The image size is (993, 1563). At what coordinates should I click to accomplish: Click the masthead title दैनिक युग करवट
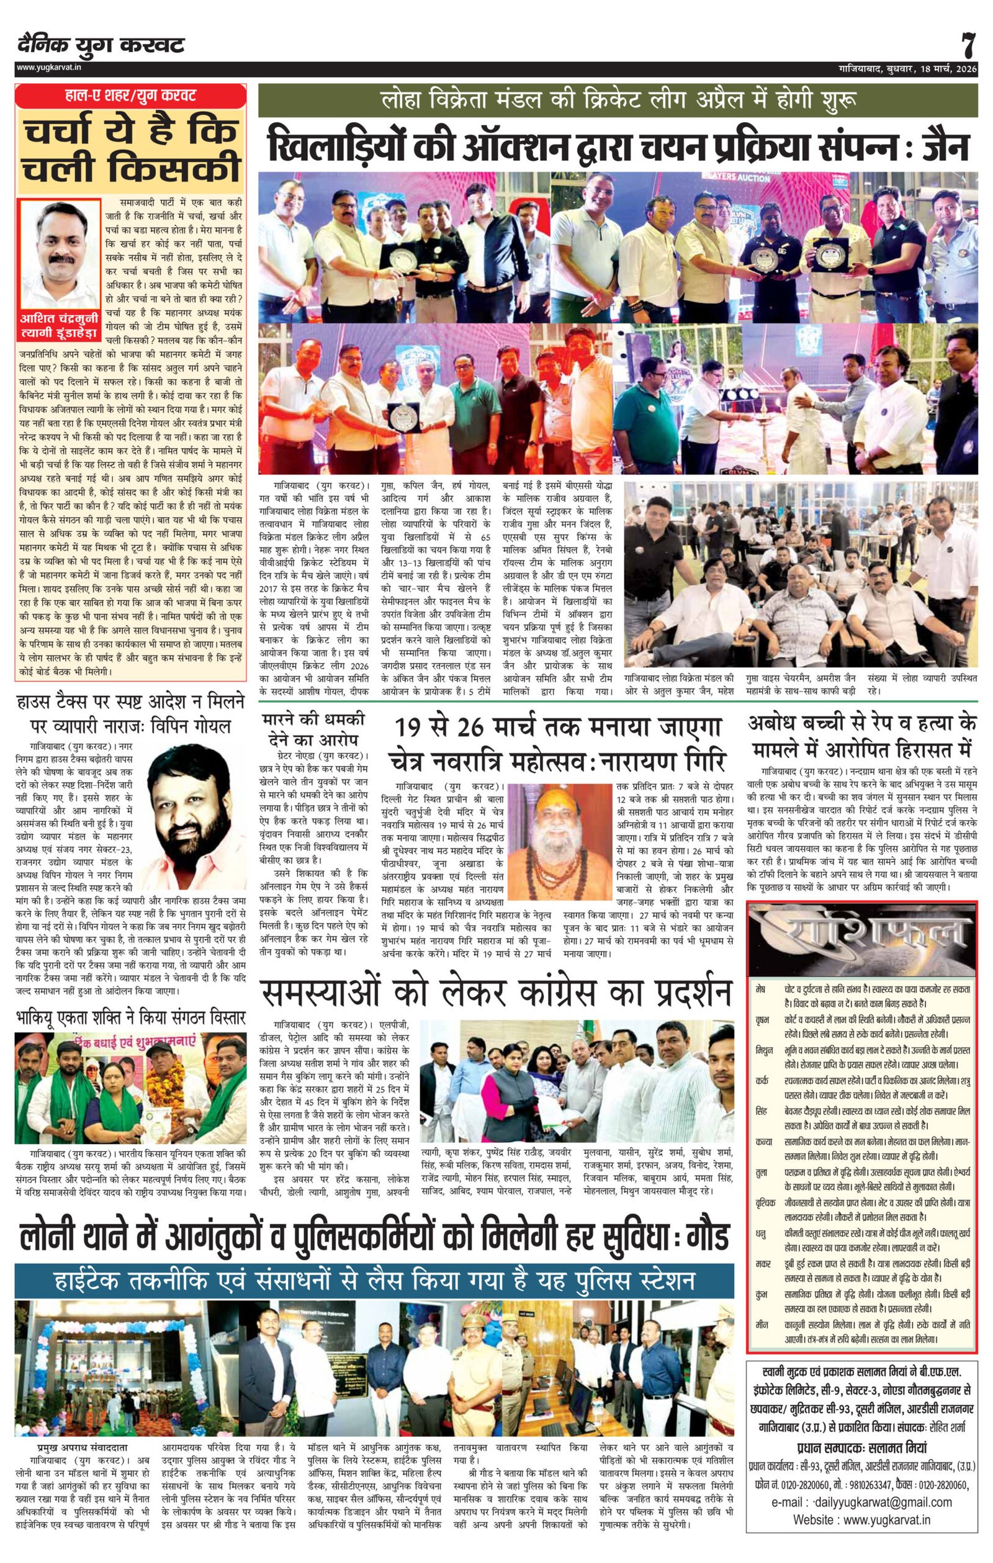[x=101, y=45]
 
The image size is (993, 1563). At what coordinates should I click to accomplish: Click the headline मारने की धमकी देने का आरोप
[x=313, y=729]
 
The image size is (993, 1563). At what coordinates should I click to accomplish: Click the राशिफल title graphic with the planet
[x=861, y=937]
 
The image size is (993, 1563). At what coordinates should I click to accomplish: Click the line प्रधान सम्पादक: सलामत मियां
[x=861, y=1430]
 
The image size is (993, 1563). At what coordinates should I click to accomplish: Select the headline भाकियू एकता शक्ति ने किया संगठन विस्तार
[x=130, y=1017]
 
